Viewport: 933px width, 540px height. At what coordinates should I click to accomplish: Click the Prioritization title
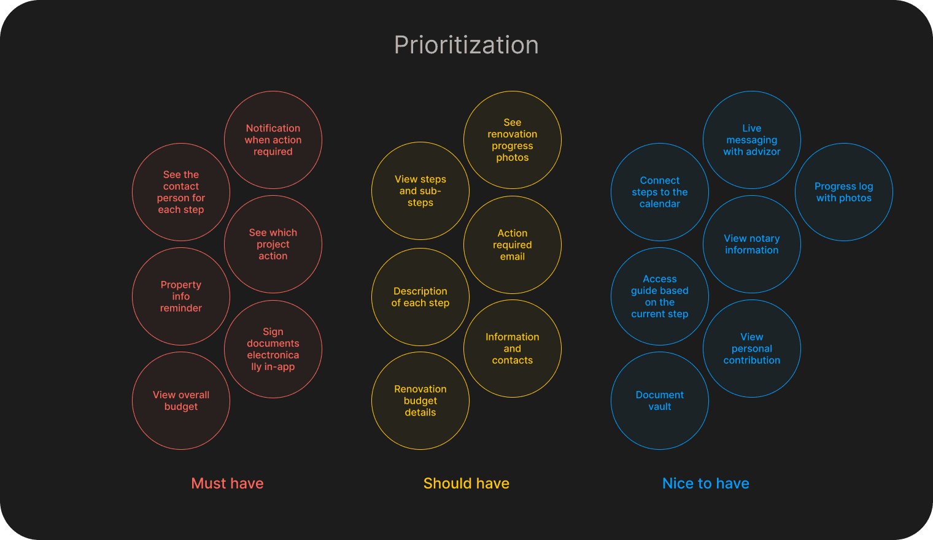(x=466, y=45)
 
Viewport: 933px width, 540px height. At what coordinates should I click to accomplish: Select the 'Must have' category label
(x=227, y=484)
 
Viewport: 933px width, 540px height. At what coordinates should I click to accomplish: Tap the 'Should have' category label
(x=466, y=484)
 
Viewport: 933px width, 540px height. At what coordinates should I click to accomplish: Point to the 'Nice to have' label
(x=705, y=484)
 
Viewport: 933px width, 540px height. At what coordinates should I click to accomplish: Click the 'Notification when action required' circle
(x=273, y=140)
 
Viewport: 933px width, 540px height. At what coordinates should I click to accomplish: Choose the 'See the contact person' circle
(x=181, y=192)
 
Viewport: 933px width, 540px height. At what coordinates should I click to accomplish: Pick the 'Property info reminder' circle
(x=181, y=296)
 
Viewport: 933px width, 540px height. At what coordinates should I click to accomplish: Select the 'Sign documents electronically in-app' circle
(x=273, y=349)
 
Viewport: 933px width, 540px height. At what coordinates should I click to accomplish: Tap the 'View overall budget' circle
(x=181, y=401)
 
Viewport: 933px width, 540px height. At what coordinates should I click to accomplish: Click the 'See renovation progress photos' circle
(x=513, y=140)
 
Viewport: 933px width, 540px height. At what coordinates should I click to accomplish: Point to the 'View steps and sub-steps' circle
(x=420, y=191)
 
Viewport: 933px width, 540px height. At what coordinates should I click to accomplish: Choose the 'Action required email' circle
(x=513, y=245)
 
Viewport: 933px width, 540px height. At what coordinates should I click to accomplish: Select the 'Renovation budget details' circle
(x=420, y=401)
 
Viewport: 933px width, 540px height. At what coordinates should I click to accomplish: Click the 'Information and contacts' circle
(x=513, y=349)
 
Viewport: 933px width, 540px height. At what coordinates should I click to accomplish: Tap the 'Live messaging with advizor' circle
(x=752, y=140)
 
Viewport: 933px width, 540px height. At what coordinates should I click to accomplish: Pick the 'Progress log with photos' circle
(x=844, y=192)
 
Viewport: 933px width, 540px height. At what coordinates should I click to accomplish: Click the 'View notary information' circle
(x=752, y=244)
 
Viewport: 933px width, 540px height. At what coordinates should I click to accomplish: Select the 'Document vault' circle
(x=660, y=401)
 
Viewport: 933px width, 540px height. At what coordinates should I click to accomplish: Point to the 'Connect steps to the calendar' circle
(x=660, y=192)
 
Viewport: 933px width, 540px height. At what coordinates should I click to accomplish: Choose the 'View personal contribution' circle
(x=752, y=349)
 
